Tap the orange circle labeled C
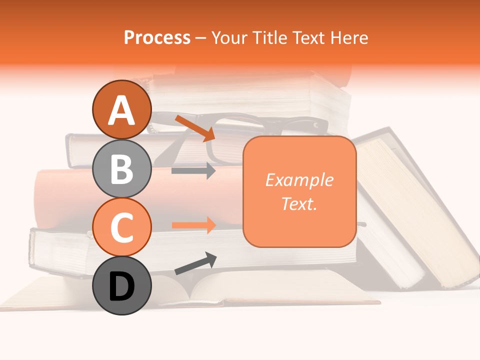coord(121,227)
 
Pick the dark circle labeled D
coord(121,285)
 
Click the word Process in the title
coord(157,37)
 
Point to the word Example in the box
coord(299,180)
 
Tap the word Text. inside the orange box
coord(299,203)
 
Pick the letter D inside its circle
coord(121,286)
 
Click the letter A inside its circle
coord(121,110)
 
